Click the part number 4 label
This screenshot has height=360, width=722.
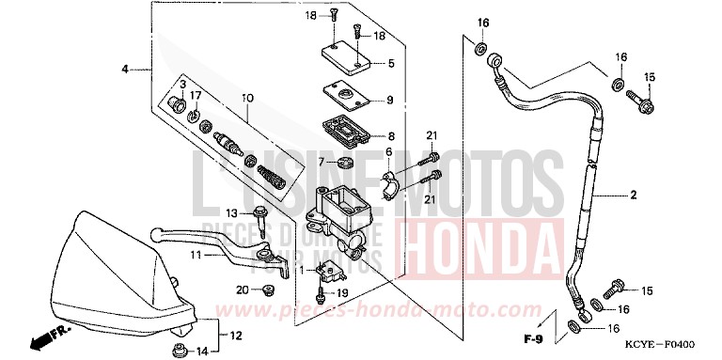pos(124,70)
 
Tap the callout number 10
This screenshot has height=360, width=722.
pos(247,98)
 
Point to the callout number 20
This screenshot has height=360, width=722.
pos(242,290)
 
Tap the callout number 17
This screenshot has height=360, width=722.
pos(196,96)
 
